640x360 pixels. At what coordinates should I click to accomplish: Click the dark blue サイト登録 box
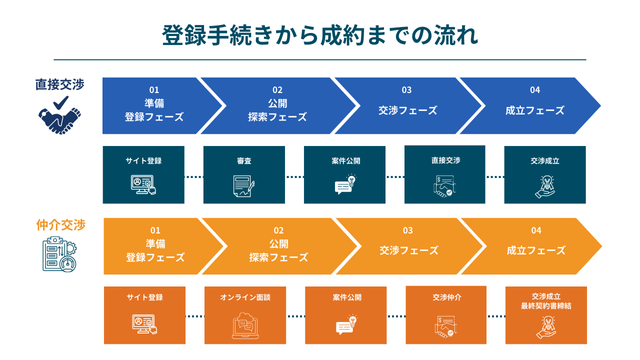(144, 176)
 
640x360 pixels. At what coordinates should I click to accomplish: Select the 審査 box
(244, 176)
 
